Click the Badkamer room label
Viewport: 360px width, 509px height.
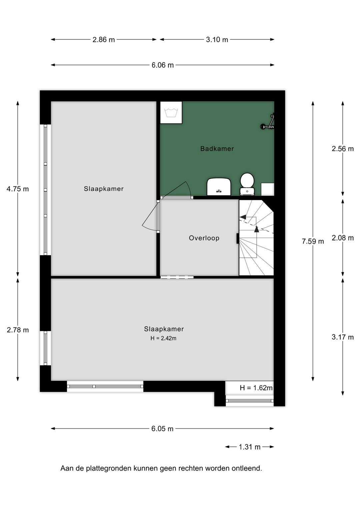click(217, 149)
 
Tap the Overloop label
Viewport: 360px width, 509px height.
click(204, 238)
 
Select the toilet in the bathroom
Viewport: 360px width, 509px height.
click(247, 183)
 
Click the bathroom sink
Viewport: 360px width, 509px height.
click(219, 187)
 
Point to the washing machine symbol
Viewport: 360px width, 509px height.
click(171, 113)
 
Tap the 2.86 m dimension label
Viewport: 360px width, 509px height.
click(104, 40)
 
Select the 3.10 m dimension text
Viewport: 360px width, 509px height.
click(217, 40)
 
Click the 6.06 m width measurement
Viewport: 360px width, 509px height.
click(163, 65)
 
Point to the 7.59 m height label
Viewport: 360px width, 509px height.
click(313, 241)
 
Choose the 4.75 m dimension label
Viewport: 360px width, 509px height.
click(18, 189)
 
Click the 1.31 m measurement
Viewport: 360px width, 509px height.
click(249, 447)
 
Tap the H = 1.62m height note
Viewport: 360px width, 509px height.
click(256, 388)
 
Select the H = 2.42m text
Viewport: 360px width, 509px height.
click(163, 338)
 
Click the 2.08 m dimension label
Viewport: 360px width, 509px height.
click(343, 238)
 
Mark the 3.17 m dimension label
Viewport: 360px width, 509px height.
click(343, 337)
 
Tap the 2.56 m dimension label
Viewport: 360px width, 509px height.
click(343, 149)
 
